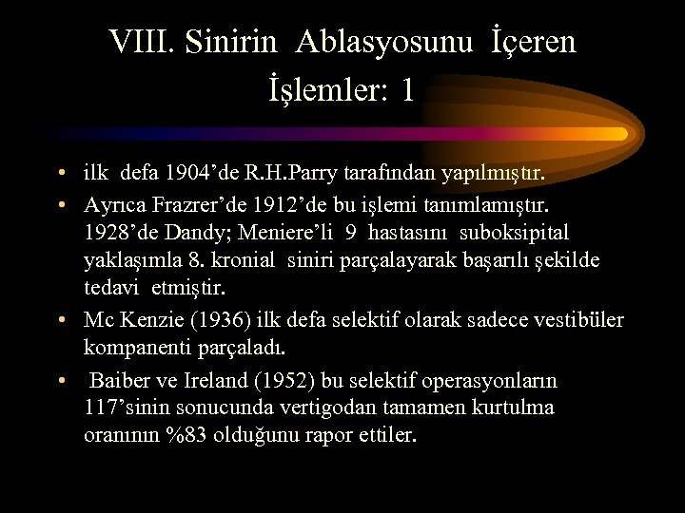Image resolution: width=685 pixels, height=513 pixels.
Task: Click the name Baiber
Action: pos(119,381)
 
